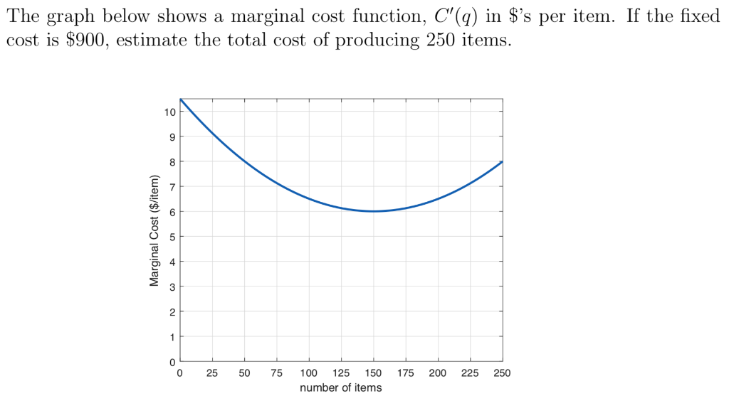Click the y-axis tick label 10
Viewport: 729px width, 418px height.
(x=169, y=112)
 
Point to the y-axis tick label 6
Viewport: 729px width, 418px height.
(x=172, y=212)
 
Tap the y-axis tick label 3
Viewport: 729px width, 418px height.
(x=172, y=286)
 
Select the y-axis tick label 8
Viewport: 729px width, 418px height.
(x=172, y=161)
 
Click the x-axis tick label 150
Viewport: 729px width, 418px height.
(x=373, y=373)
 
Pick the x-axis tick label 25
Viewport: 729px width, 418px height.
(x=212, y=373)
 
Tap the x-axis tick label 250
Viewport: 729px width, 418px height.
(x=502, y=373)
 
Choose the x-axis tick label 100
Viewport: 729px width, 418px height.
(x=309, y=373)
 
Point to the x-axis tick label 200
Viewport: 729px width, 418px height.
(x=438, y=373)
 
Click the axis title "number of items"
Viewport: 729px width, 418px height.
(x=340, y=388)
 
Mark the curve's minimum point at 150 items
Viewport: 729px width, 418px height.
(x=373, y=211)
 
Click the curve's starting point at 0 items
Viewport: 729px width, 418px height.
(x=181, y=100)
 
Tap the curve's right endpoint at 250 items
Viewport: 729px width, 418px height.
(x=502, y=162)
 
